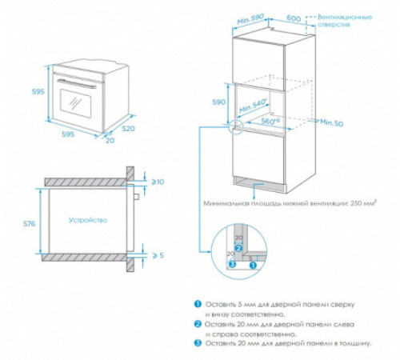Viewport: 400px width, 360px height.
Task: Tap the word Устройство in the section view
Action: [86, 219]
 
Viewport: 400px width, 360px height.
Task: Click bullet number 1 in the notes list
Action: [197, 305]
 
